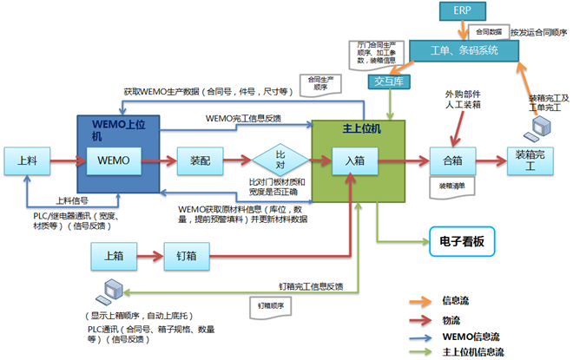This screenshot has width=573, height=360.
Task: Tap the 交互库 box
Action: click(391, 82)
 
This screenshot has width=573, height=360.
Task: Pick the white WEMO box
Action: click(114, 160)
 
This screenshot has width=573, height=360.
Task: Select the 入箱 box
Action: click(353, 160)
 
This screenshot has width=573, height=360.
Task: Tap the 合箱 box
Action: click(453, 160)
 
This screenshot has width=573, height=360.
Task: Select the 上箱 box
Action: click(114, 255)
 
